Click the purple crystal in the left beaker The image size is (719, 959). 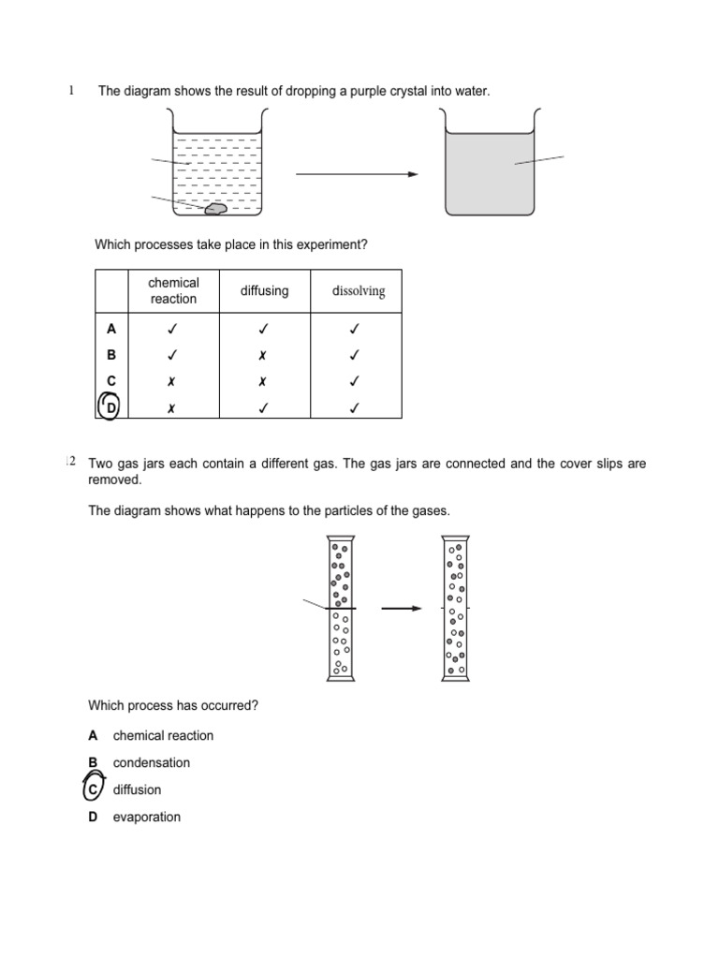tap(215, 209)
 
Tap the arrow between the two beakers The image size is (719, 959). tap(357, 174)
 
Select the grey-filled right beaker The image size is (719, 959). tap(489, 174)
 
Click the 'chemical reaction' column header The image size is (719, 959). tap(174, 291)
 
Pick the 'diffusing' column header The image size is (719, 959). tap(264, 291)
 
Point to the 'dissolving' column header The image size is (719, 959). tap(359, 291)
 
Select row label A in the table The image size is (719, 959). tap(111, 329)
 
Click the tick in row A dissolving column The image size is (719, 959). tap(356, 329)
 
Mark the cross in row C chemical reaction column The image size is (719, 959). tap(173, 382)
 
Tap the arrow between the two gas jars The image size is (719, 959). tap(402, 608)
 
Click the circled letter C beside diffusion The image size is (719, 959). tap(94, 789)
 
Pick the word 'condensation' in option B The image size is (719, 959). tap(152, 763)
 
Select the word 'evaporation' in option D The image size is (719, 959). tap(147, 818)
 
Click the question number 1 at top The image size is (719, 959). tap(71, 90)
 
